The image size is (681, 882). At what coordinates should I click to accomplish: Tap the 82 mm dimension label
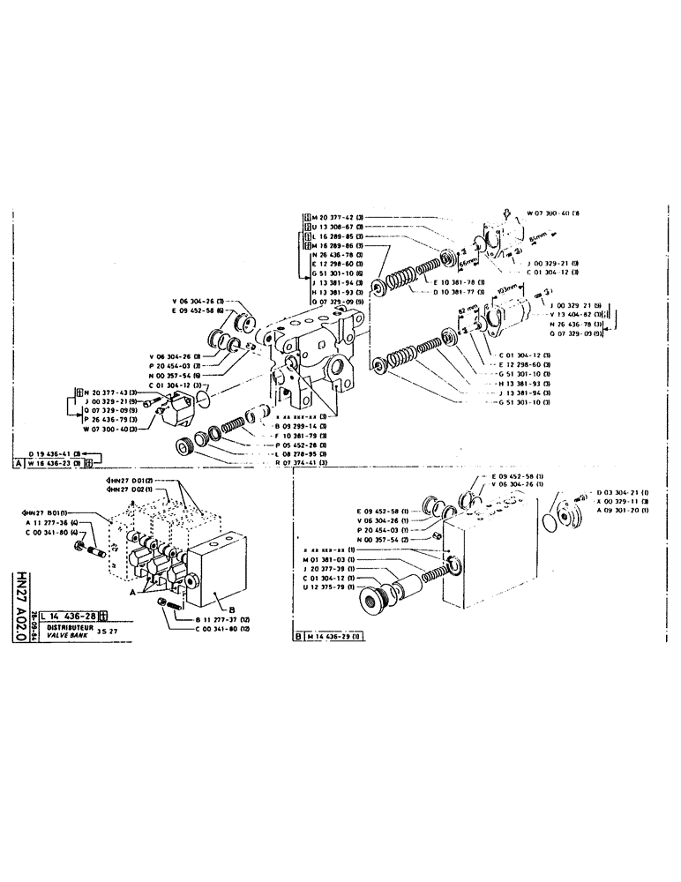click(x=469, y=310)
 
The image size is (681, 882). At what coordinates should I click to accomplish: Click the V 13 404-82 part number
click(x=571, y=313)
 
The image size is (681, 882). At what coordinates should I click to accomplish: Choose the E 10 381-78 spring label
click(x=455, y=282)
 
